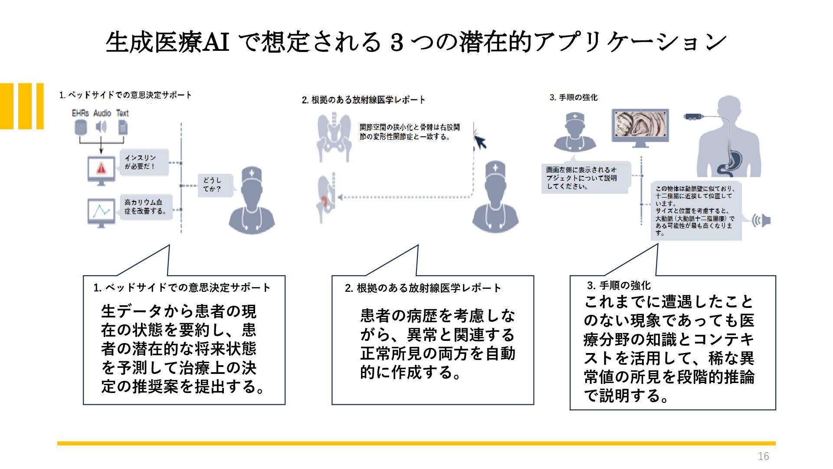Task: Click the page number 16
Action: pos(763,456)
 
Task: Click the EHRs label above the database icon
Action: pos(80,113)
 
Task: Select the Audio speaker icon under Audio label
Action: pos(101,127)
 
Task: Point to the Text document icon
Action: pos(123,127)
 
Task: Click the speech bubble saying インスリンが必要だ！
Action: pos(144,162)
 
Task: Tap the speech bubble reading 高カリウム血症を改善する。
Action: pos(146,207)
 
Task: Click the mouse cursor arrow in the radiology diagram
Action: pos(480,142)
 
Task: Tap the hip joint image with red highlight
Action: pos(326,200)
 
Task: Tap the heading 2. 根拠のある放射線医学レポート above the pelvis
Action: pos(364,100)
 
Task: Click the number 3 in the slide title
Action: pos(397,43)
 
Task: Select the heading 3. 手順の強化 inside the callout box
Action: pos(619,285)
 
